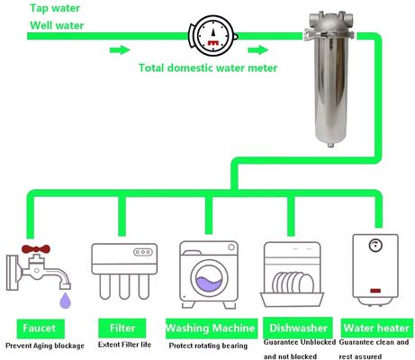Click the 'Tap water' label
pos(55,8)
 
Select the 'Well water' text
pos(57,25)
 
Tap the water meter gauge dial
pos(212,36)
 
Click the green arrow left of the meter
pos(120,49)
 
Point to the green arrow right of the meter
pos(258,49)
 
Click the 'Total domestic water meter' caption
pos(208,67)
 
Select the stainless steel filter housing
pos(329,78)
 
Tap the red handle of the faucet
pos(36,248)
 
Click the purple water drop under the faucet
pos(66,301)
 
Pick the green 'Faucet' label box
pos(41,328)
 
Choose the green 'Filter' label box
pos(122,328)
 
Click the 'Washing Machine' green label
pos(212,328)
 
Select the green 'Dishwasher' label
pos(298,328)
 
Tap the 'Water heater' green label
pos(377,328)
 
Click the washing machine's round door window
pos(209,278)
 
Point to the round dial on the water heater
pos(375,246)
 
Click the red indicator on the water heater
pos(375,291)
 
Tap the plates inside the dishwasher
pos(293,283)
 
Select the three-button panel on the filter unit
pos(143,252)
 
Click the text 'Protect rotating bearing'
pos(208,346)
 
